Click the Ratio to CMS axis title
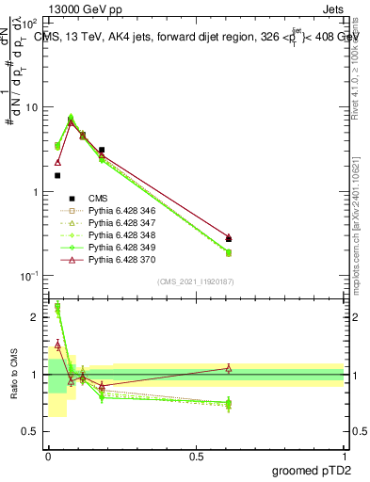14,374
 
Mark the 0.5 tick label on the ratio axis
32,431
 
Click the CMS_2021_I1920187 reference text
195,281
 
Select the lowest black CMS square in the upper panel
57,175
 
